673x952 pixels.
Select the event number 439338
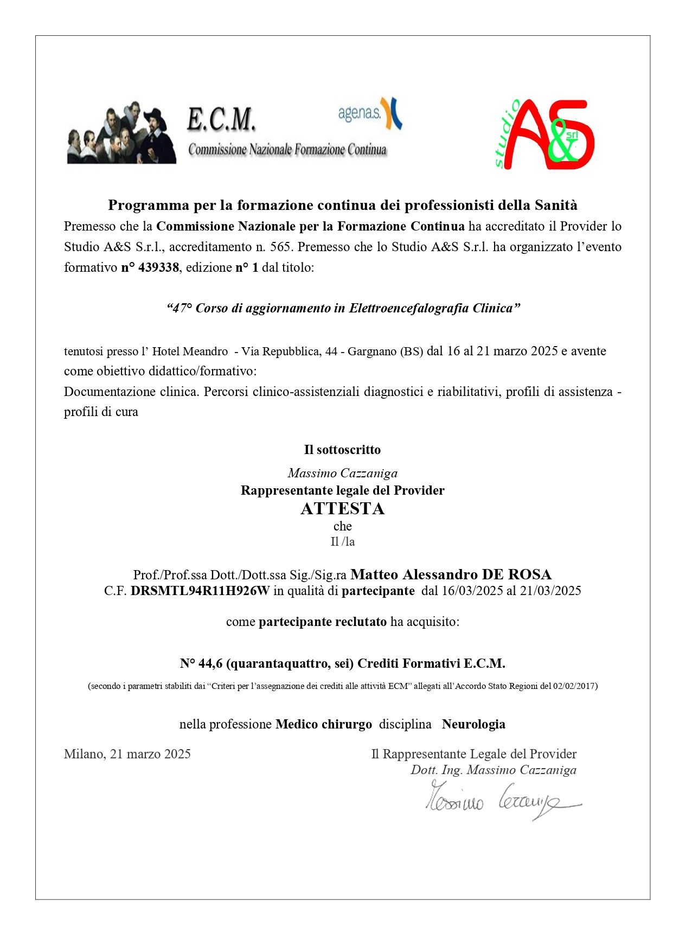[x=158, y=267]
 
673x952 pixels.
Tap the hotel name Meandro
[x=206, y=352]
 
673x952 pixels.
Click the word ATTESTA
[x=342, y=509]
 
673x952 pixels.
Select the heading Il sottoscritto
[x=342, y=450]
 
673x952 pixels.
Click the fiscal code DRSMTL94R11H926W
[x=200, y=591]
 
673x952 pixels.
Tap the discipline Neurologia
[x=473, y=724]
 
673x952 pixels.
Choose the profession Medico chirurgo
[x=324, y=724]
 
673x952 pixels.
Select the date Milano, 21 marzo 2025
[x=127, y=754]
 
